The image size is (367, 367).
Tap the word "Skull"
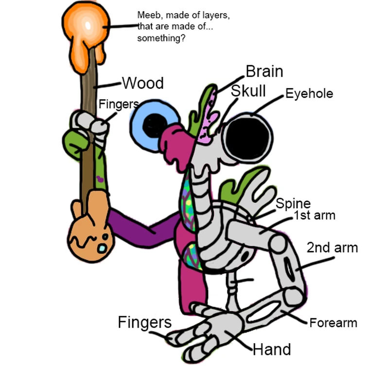[248, 90]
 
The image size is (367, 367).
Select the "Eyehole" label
[309, 93]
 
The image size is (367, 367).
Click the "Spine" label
[293, 204]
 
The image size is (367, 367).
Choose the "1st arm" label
[314, 215]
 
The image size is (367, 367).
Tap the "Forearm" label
[333, 323]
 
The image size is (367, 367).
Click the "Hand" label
[272, 349]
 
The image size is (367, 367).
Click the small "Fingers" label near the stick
[118, 104]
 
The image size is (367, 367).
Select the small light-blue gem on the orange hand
[102, 248]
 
